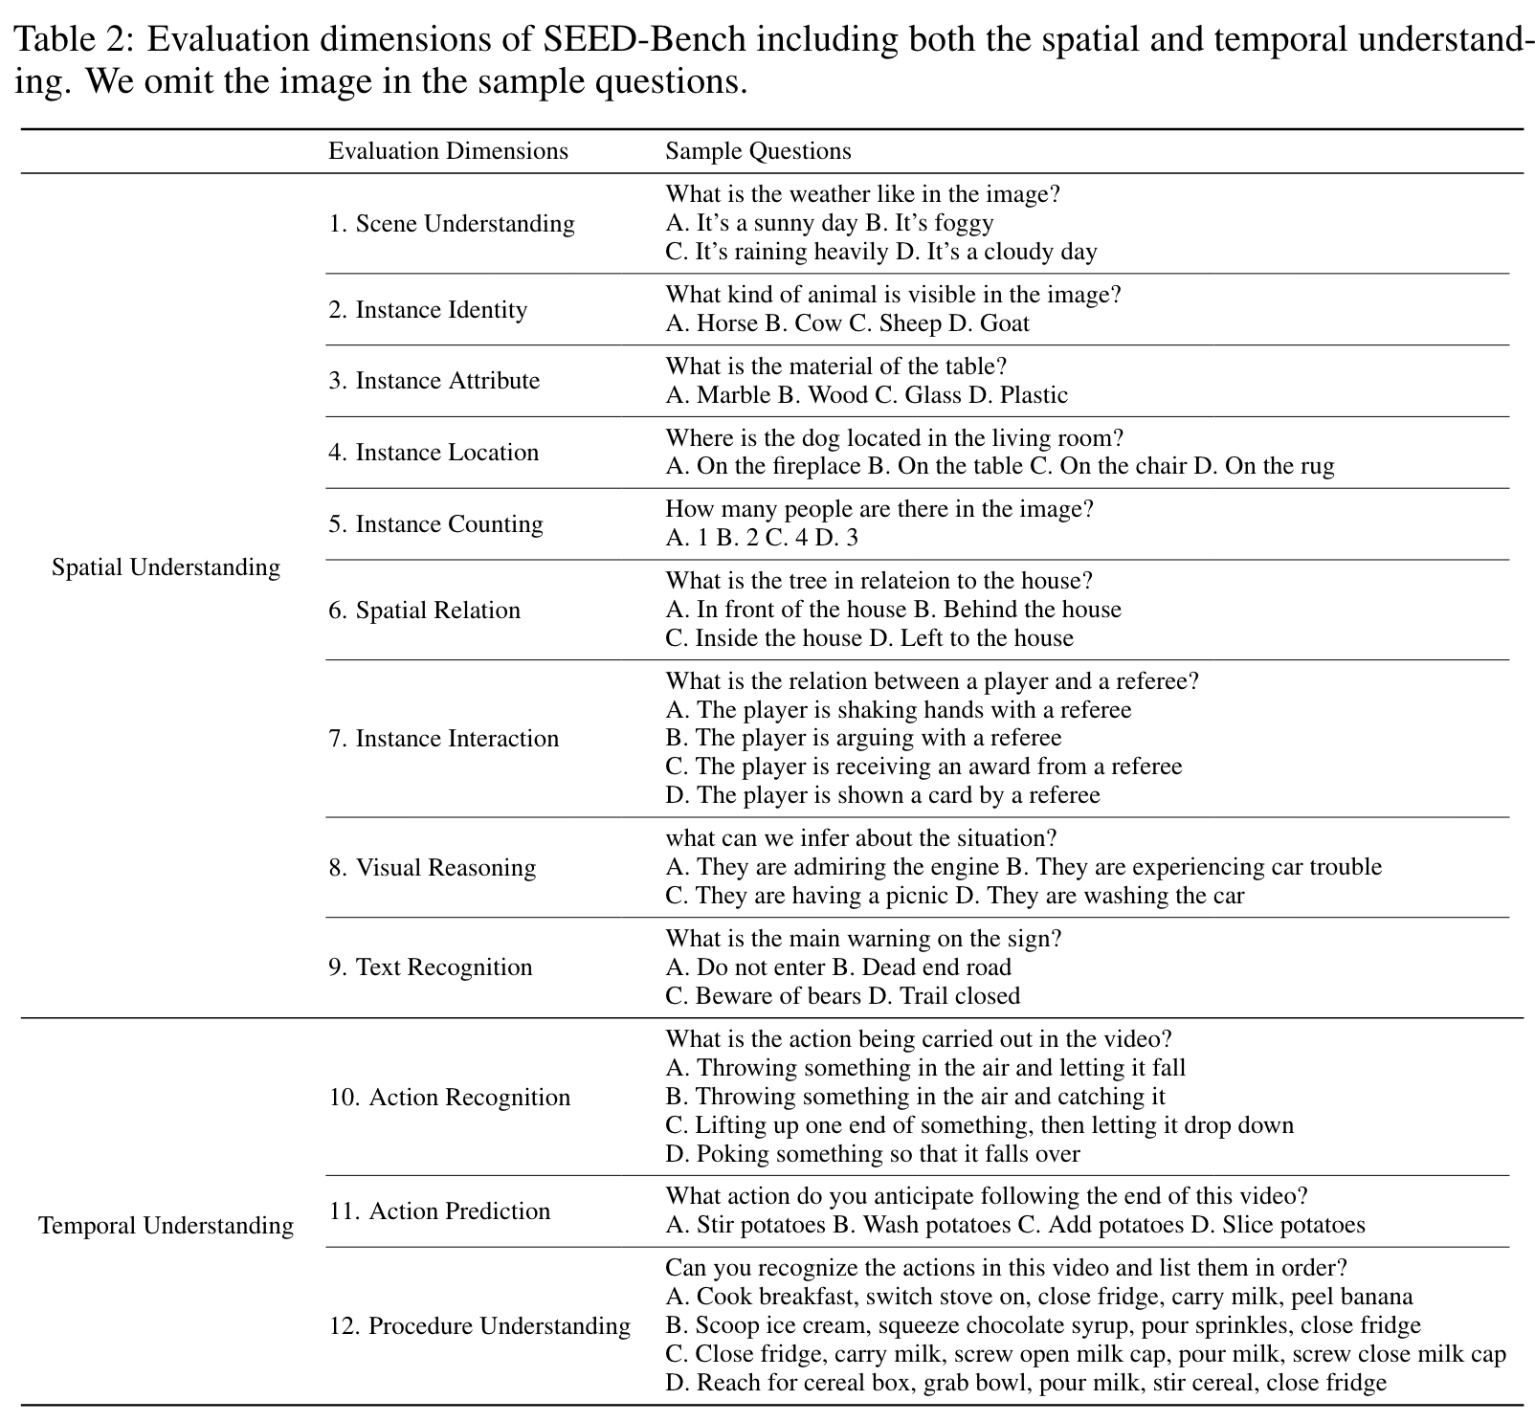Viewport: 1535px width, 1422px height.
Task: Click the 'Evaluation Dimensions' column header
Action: point(448,151)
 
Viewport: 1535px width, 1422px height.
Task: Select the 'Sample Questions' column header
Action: point(758,151)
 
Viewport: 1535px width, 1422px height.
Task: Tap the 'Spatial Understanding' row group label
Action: point(166,567)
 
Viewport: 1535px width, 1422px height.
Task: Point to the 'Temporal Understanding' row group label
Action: point(166,1226)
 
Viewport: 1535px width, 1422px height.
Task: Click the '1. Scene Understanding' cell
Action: point(452,224)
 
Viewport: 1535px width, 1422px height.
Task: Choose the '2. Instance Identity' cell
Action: point(428,310)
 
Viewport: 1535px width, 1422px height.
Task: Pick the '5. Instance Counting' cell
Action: point(435,524)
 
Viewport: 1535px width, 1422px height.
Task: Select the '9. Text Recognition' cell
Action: point(431,967)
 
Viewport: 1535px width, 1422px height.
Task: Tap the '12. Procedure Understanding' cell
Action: point(479,1326)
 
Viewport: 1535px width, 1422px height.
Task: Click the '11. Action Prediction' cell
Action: point(439,1211)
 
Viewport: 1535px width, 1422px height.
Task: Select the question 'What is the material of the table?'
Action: point(836,367)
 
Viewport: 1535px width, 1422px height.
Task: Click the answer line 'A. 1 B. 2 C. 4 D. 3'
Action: point(762,538)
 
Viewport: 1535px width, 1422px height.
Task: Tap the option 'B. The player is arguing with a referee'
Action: point(864,738)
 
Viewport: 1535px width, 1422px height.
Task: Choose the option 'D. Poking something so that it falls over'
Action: point(873,1154)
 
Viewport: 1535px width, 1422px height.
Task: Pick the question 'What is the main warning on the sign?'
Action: point(863,939)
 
